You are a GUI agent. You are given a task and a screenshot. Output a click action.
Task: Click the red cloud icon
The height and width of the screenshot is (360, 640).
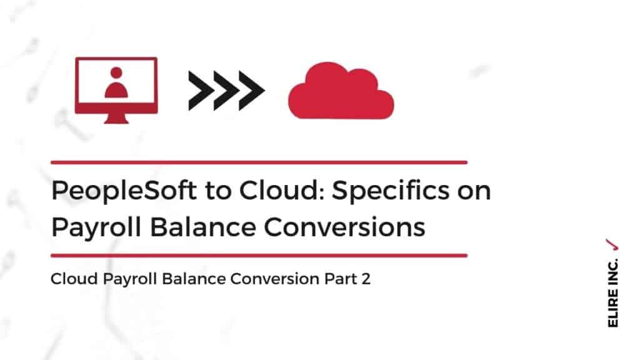point(341,91)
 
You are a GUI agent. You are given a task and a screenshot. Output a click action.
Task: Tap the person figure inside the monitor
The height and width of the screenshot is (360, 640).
point(116,83)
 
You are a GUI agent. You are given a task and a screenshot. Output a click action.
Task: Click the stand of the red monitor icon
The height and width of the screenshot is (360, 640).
point(116,118)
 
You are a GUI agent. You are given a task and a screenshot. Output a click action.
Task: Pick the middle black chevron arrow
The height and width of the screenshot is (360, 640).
point(226,91)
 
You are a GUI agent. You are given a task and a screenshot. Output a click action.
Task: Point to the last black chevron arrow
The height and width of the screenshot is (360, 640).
point(252,91)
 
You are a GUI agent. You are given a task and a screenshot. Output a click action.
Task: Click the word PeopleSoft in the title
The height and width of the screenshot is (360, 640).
point(124,191)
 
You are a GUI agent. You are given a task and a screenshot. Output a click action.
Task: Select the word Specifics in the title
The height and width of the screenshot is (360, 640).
point(391,191)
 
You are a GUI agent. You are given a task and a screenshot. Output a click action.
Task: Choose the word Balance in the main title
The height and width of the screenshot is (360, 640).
point(202,226)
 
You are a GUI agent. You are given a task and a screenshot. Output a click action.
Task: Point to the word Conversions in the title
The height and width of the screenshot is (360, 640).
point(344,227)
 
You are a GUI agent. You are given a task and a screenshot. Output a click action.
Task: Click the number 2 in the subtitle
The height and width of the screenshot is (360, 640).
point(366,279)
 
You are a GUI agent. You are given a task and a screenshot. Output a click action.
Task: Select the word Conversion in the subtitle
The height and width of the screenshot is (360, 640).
point(275,279)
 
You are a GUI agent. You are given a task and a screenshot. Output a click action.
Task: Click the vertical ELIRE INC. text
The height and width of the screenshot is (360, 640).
point(612,292)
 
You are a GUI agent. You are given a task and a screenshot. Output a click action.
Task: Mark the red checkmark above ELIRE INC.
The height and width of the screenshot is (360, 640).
point(612,244)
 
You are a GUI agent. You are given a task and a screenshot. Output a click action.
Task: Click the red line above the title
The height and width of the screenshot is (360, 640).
point(259,162)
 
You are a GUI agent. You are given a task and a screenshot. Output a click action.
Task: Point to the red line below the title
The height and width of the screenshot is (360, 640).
point(259,256)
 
